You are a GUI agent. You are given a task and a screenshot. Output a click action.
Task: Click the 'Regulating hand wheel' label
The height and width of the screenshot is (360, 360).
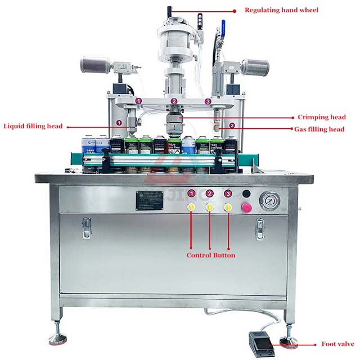click(281, 10)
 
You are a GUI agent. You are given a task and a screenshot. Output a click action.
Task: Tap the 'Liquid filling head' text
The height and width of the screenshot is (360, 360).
click(33, 126)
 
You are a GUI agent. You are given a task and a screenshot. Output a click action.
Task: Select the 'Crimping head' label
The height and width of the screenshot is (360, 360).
click(321, 118)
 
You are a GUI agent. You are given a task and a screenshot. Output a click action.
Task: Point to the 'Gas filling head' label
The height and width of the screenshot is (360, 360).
click(319, 129)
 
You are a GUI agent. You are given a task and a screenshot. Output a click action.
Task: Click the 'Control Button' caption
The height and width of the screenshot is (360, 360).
click(210, 255)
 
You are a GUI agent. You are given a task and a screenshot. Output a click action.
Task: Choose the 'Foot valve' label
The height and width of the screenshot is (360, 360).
click(336, 344)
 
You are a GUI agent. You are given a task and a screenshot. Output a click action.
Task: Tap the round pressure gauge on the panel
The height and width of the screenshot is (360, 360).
click(269, 201)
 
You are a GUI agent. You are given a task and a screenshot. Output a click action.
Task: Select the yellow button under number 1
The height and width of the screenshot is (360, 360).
click(192, 208)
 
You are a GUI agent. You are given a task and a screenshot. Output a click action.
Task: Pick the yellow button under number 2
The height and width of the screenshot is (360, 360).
click(210, 208)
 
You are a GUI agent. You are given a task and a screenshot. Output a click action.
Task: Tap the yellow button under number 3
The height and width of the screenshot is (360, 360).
click(228, 208)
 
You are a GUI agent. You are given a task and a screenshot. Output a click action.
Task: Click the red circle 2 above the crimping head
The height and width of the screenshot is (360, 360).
click(174, 101)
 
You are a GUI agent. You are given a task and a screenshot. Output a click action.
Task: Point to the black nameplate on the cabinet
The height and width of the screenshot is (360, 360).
click(149, 200)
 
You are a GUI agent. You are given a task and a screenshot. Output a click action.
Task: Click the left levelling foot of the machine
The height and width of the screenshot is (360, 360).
click(58, 338)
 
